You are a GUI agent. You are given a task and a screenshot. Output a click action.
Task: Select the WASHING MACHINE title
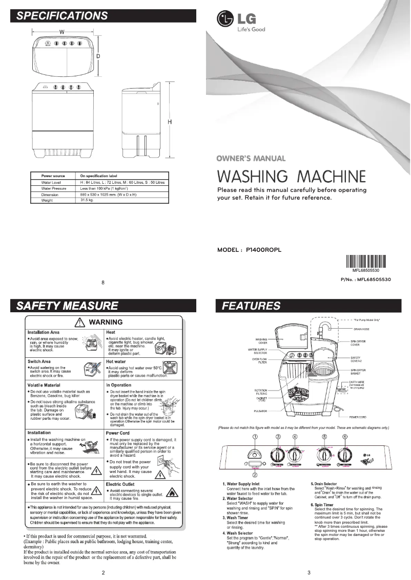coord(291,177)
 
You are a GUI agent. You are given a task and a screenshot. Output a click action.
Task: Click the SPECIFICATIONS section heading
coord(63,15)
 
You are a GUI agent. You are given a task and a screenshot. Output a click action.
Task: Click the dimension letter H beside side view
coord(169,122)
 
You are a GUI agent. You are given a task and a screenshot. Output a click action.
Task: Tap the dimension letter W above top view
coord(61,32)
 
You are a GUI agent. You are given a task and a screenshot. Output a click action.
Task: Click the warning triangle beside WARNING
coord(80,323)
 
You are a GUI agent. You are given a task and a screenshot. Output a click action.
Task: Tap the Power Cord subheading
coord(117,433)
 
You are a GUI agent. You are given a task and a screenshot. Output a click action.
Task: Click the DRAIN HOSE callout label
coord(361,329)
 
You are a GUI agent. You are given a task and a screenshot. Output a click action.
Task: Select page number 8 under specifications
coord(103,282)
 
